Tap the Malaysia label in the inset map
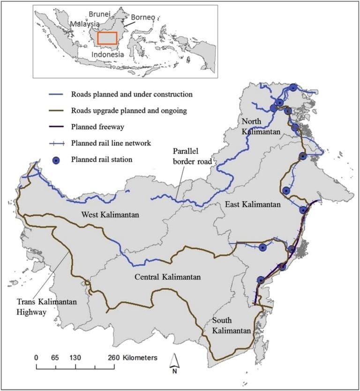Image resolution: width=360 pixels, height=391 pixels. coord(85,23)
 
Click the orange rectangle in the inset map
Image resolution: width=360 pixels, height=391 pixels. coord(107,38)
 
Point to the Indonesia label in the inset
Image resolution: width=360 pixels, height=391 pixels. coord(108,54)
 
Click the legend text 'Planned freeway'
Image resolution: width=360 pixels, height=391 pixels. coord(96,126)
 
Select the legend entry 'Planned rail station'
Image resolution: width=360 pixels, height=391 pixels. coord(102,159)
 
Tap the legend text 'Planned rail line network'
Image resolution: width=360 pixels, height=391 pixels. coord(111,143)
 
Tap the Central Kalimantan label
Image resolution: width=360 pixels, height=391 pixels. coord(167,277)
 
